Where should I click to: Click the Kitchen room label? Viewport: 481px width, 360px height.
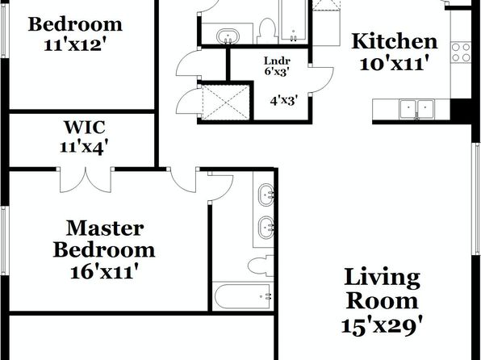click(x=394, y=41)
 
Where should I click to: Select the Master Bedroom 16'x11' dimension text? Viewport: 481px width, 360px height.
click(x=103, y=272)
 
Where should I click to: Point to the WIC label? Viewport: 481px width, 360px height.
click(x=85, y=127)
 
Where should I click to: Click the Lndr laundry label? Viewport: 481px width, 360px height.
click(x=277, y=61)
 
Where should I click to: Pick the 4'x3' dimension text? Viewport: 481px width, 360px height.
click(x=284, y=100)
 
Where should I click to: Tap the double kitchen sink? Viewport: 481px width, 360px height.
click(x=416, y=109)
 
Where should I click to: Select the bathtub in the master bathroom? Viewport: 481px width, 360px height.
click(x=242, y=296)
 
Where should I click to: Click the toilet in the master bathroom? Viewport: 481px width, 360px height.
click(x=261, y=266)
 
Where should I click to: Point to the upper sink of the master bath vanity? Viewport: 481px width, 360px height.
click(x=266, y=195)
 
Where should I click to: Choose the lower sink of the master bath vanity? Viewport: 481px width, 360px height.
click(x=266, y=228)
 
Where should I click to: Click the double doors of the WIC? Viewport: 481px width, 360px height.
click(x=86, y=181)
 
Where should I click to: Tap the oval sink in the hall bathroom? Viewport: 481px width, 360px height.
click(x=228, y=36)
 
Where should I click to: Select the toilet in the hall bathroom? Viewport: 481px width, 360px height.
click(x=267, y=31)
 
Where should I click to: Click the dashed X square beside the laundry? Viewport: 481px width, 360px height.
click(x=226, y=103)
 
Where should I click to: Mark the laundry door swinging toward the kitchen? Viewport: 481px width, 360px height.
click(x=321, y=79)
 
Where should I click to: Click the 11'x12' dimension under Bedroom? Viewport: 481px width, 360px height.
click(x=77, y=45)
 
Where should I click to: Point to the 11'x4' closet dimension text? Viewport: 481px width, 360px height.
click(x=85, y=148)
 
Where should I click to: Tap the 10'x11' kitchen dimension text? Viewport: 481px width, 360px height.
click(x=394, y=64)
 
